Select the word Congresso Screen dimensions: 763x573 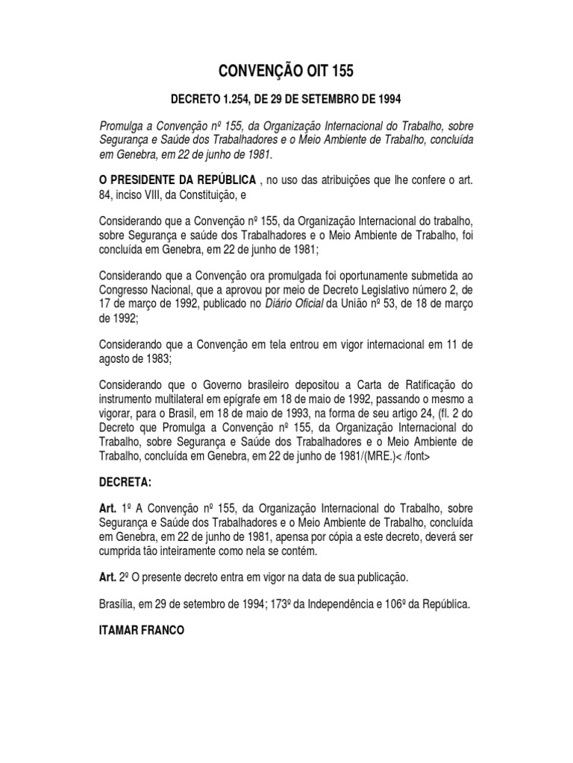coord(128,290)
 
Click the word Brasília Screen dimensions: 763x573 coord(119,605)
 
